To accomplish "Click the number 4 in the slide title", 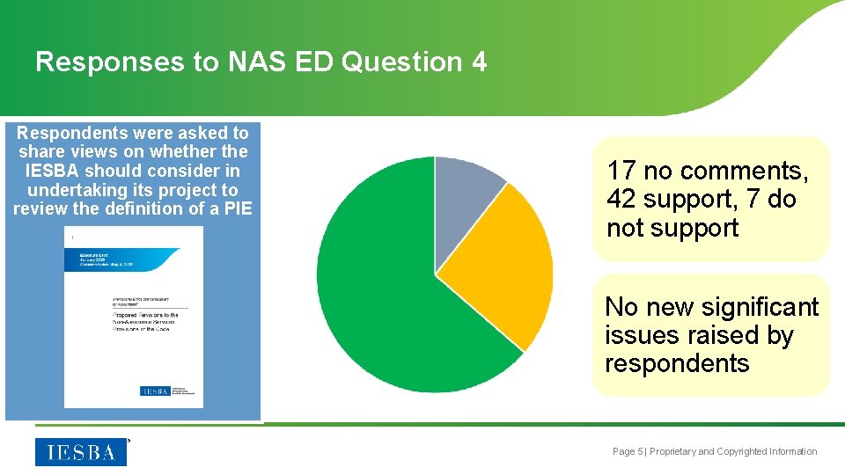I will coord(478,62).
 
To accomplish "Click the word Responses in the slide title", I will coord(92,62).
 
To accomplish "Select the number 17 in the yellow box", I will coord(621,171).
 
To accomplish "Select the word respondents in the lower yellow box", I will coord(677,363).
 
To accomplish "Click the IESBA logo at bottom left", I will coord(81,452).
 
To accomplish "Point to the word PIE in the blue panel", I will coord(237,208).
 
